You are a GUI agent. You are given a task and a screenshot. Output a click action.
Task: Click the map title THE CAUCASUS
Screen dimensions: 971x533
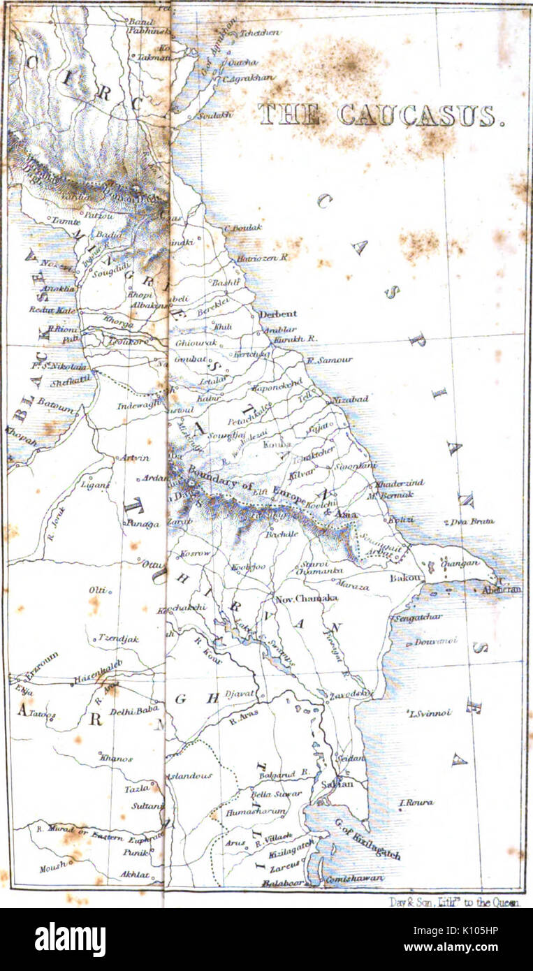(381, 115)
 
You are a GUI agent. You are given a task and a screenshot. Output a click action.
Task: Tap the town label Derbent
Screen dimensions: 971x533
(278, 314)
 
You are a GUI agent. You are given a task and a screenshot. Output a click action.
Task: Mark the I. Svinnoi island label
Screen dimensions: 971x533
(429, 713)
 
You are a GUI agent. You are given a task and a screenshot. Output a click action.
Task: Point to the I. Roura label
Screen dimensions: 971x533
(416, 803)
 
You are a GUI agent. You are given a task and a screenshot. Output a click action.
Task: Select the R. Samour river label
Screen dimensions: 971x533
(330, 360)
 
